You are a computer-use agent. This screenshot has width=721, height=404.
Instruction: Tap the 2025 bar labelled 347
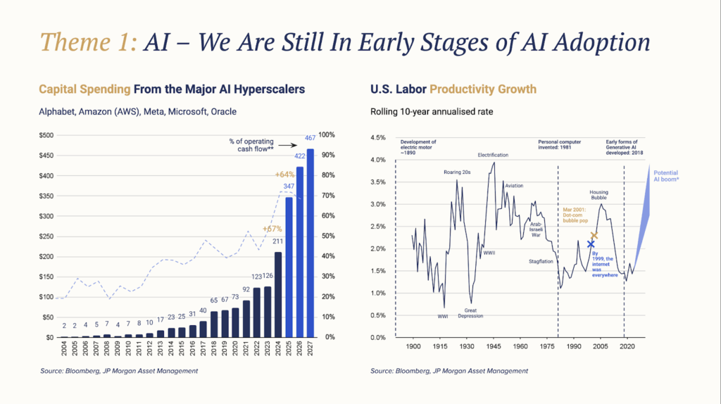[289, 267]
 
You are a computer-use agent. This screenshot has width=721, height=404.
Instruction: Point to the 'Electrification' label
[492, 155]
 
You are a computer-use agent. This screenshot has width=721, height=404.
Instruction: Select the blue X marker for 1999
[591, 244]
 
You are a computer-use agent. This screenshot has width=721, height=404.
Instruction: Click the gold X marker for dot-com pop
[594, 235]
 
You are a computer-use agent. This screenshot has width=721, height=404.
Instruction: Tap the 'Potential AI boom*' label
[666, 177]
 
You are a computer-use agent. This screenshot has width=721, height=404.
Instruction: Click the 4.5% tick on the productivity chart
[378, 138]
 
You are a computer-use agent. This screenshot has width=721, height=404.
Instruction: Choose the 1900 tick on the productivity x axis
[413, 346]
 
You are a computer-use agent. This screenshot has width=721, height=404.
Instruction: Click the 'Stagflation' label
[541, 261]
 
